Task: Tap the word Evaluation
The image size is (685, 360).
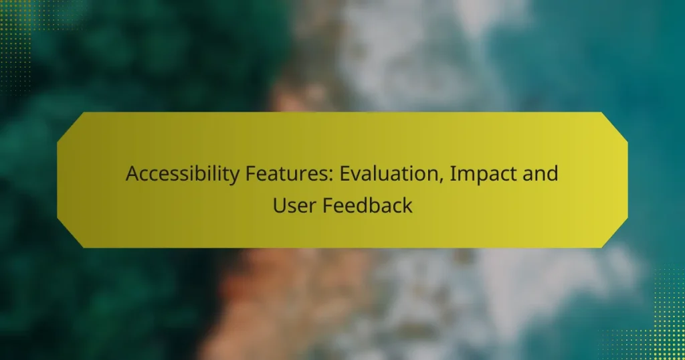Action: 381,175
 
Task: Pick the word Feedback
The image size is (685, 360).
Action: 368,205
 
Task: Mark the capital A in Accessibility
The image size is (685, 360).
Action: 132,175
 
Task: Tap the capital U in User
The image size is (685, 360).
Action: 278,205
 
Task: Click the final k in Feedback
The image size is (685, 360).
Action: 407,205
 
